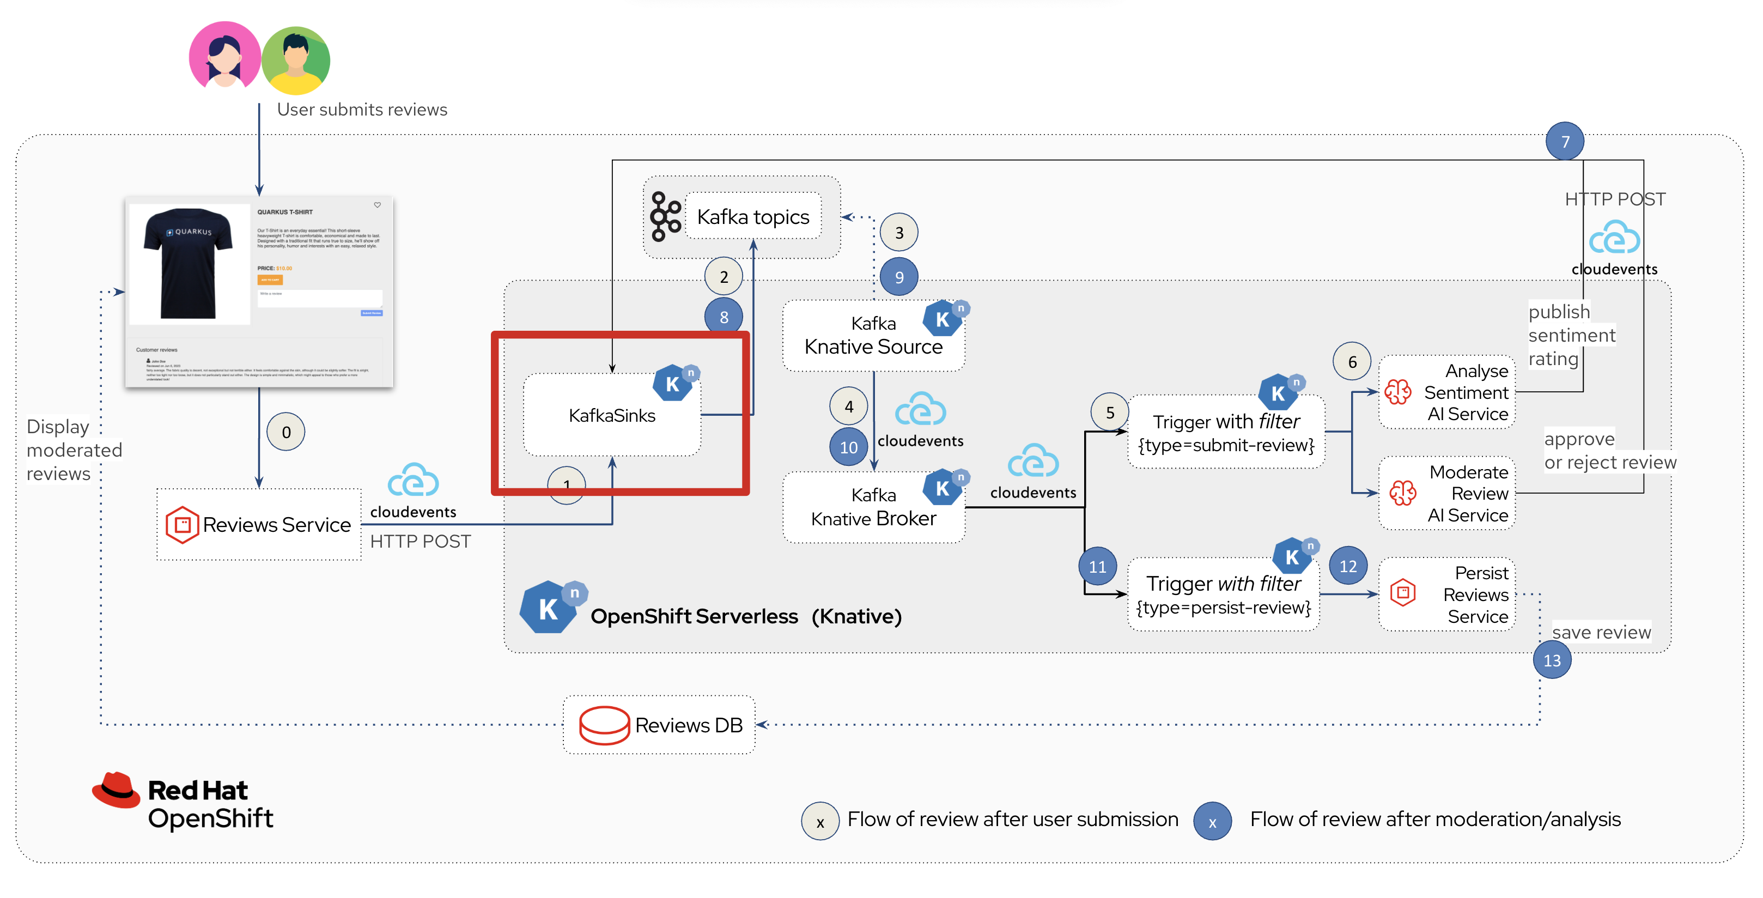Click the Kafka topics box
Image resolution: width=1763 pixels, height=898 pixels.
coord(752,217)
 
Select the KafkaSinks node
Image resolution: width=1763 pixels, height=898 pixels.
coord(612,415)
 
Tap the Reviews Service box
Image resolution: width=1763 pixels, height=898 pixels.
coord(259,524)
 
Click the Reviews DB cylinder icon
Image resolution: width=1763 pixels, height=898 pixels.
coord(604,725)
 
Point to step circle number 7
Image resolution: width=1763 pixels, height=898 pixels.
coord(1565,142)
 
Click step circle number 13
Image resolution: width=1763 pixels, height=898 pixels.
coord(1552,660)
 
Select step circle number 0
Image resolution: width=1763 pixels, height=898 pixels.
coord(286,432)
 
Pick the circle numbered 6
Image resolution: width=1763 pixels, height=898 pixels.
coord(1352,361)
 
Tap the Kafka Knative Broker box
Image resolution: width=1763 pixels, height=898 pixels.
coord(873,507)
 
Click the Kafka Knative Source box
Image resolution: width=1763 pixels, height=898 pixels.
coord(873,335)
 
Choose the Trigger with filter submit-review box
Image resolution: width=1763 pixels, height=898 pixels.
coord(1226,433)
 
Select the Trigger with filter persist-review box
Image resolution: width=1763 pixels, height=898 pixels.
coord(1223,594)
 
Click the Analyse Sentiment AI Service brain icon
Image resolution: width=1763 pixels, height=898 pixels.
coord(1397,392)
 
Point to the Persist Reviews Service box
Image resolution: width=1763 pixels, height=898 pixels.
coord(1447,594)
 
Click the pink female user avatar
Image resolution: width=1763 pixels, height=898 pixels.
coord(224,57)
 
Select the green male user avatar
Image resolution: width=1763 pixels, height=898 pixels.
coord(296,60)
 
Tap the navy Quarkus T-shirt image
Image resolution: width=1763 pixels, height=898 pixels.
coord(188,264)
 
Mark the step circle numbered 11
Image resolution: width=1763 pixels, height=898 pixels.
coord(1097,566)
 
